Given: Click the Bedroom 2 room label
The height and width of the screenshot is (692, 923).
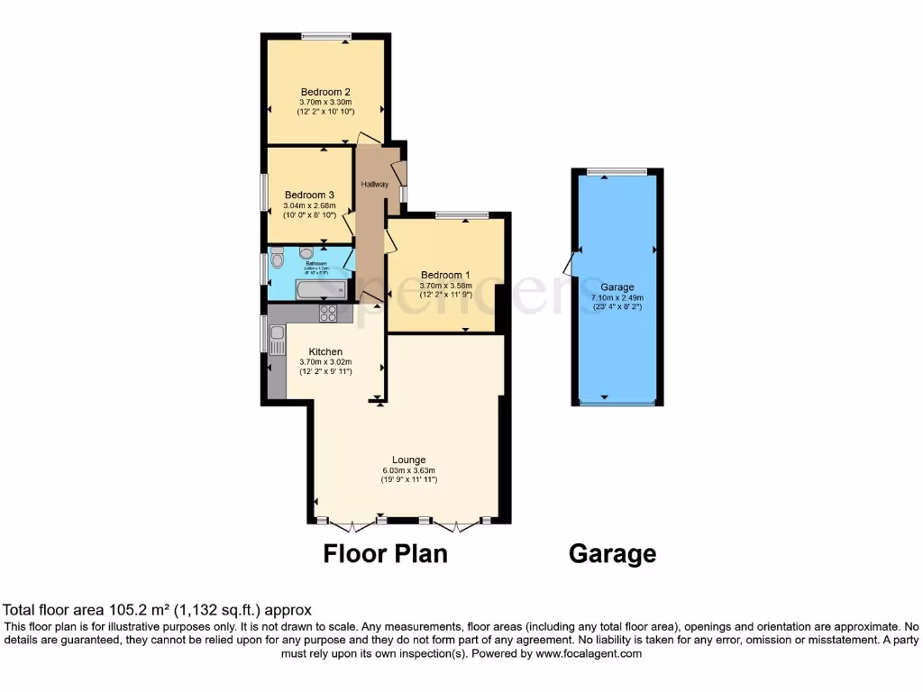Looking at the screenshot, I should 325,92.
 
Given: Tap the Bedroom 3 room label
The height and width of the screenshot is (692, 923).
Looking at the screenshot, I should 309,195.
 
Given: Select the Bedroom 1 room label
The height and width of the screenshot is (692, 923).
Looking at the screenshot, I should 444,275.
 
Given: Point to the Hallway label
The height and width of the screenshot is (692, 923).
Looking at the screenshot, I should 375,184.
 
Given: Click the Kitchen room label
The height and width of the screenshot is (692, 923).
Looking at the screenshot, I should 325,351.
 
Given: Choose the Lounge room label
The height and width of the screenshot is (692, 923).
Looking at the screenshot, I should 408,460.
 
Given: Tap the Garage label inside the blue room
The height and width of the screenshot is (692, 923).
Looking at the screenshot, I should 617,287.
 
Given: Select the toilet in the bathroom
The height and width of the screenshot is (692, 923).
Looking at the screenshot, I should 278,259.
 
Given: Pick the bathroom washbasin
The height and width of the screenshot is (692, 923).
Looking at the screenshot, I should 306,252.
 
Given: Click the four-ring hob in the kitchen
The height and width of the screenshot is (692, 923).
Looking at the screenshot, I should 328,314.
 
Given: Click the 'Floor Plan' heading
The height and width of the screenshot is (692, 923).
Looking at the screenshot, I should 385,553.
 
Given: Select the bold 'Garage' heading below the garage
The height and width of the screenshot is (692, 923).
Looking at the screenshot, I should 612,554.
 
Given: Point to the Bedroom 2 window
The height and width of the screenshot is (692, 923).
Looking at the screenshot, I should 325,36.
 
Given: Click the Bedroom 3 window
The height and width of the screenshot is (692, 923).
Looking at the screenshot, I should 265,192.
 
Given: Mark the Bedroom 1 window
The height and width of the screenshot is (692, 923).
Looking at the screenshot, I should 461,214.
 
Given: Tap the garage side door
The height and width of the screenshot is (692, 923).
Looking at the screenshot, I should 568,264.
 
